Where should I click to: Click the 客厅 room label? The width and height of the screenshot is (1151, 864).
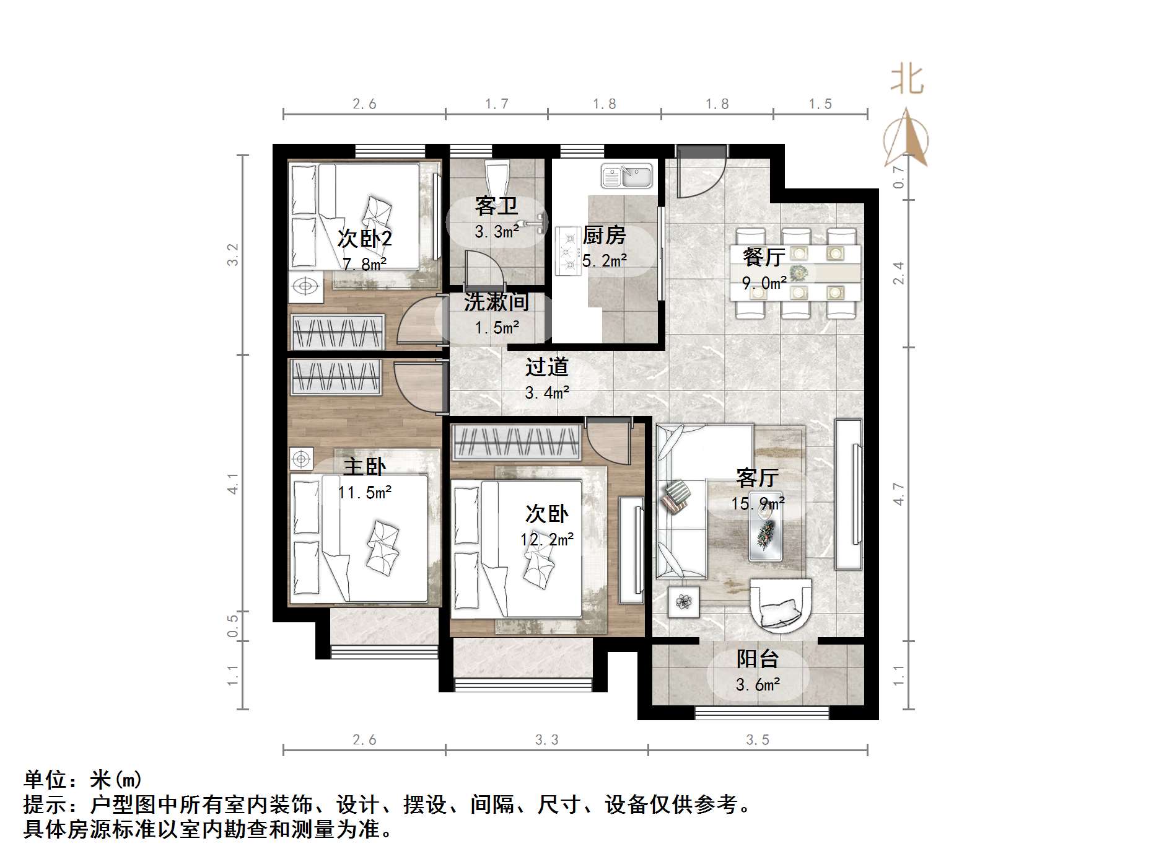(757, 478)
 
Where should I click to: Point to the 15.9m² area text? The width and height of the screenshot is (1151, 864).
(758, 503)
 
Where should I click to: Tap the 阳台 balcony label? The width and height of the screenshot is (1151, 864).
(757, 659)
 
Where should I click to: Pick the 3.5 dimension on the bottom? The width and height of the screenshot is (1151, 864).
(757, 739)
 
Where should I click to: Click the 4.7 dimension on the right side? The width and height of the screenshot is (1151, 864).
(898, 494)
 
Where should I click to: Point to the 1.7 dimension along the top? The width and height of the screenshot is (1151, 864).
(497, 104)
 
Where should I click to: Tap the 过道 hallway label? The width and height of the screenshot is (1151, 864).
(546, 367)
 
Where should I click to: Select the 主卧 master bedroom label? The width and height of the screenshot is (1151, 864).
(364, 467)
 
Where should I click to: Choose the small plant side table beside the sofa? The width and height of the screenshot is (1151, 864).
(684, 601)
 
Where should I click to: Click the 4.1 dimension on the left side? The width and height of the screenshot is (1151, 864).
(233, 483)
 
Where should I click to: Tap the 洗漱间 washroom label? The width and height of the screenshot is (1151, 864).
(496, 302)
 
